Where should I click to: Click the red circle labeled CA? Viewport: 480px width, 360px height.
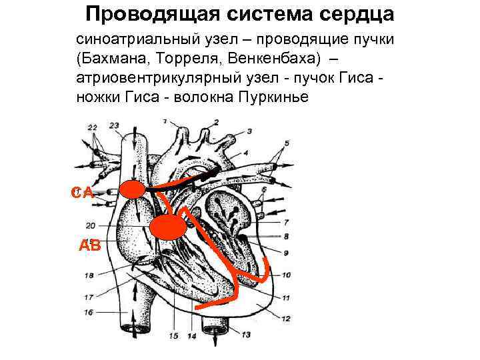point(132,190)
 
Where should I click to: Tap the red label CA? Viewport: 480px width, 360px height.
point(83,193)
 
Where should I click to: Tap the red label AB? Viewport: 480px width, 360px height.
point(89,245)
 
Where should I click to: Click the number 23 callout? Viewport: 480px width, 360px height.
point(114,125)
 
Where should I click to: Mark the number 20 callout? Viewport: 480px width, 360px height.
point(91,225)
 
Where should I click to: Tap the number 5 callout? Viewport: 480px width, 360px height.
point(287,143)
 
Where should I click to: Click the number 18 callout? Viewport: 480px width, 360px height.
point(89,275)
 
